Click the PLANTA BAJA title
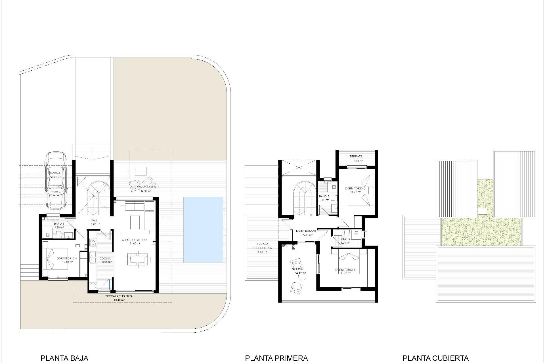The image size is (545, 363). pos(64,358)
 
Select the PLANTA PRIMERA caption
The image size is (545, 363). pos(276,358)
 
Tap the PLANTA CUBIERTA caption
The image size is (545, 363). pos(435,358)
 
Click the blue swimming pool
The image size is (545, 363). pos(203,230)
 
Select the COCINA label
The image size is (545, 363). pos(105,259)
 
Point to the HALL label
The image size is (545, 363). pos(94,220)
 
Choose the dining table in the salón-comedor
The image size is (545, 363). pos(137,259)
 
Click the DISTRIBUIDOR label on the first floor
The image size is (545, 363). pos(306,231)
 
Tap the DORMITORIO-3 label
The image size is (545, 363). pos(345,270)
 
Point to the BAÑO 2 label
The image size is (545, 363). pos(324,196)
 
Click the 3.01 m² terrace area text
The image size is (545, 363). pos(358,161)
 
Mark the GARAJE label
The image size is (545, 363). pos(56,173)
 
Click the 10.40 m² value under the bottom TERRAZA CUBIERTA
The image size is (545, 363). pos(119,300)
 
